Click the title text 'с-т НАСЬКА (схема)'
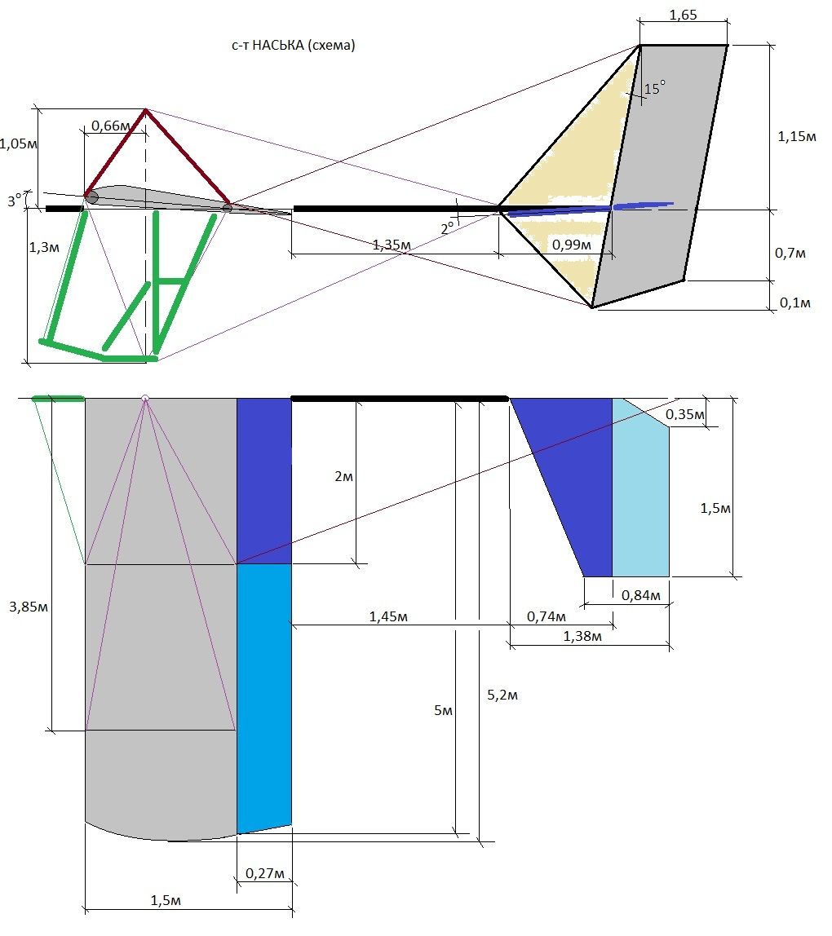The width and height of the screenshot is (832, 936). click(294, 45)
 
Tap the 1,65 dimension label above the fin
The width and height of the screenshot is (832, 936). click(683, 15)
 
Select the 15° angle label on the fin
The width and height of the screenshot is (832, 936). click(655, 88)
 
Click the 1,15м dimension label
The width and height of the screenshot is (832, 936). click(797, 136)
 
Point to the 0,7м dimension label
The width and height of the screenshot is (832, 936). click(790, 253)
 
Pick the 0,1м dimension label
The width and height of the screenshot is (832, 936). click(795, 302)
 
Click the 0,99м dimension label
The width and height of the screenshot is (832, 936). click(572, 245)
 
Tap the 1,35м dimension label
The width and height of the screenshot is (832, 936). click(392, 245)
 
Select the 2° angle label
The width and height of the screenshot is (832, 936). click(447, 228)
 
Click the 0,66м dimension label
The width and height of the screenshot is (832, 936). click(110, 126)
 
